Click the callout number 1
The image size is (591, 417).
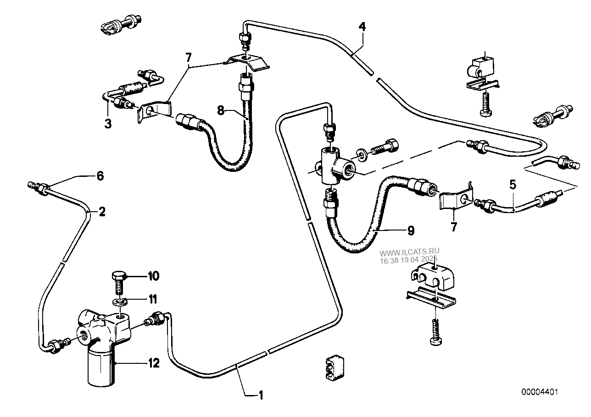pos(261,395)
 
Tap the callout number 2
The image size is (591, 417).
pos(102,212)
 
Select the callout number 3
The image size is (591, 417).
pos(108,124)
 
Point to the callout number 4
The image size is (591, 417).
pos(362,27)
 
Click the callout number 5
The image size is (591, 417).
pos(513,185)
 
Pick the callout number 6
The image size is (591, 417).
pos(100,176)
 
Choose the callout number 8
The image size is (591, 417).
pos(221,110)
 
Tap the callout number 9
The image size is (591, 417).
pos(411,230)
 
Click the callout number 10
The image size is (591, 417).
pos(154,276)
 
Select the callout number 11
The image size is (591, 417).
pos(153,299)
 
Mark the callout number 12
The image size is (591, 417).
pos(154,363)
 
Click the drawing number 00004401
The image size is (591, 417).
pos(540,392)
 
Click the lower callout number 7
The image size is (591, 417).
pos(453,227)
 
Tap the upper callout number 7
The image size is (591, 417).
pos(189,57)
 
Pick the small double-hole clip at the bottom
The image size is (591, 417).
pos(335,368)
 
